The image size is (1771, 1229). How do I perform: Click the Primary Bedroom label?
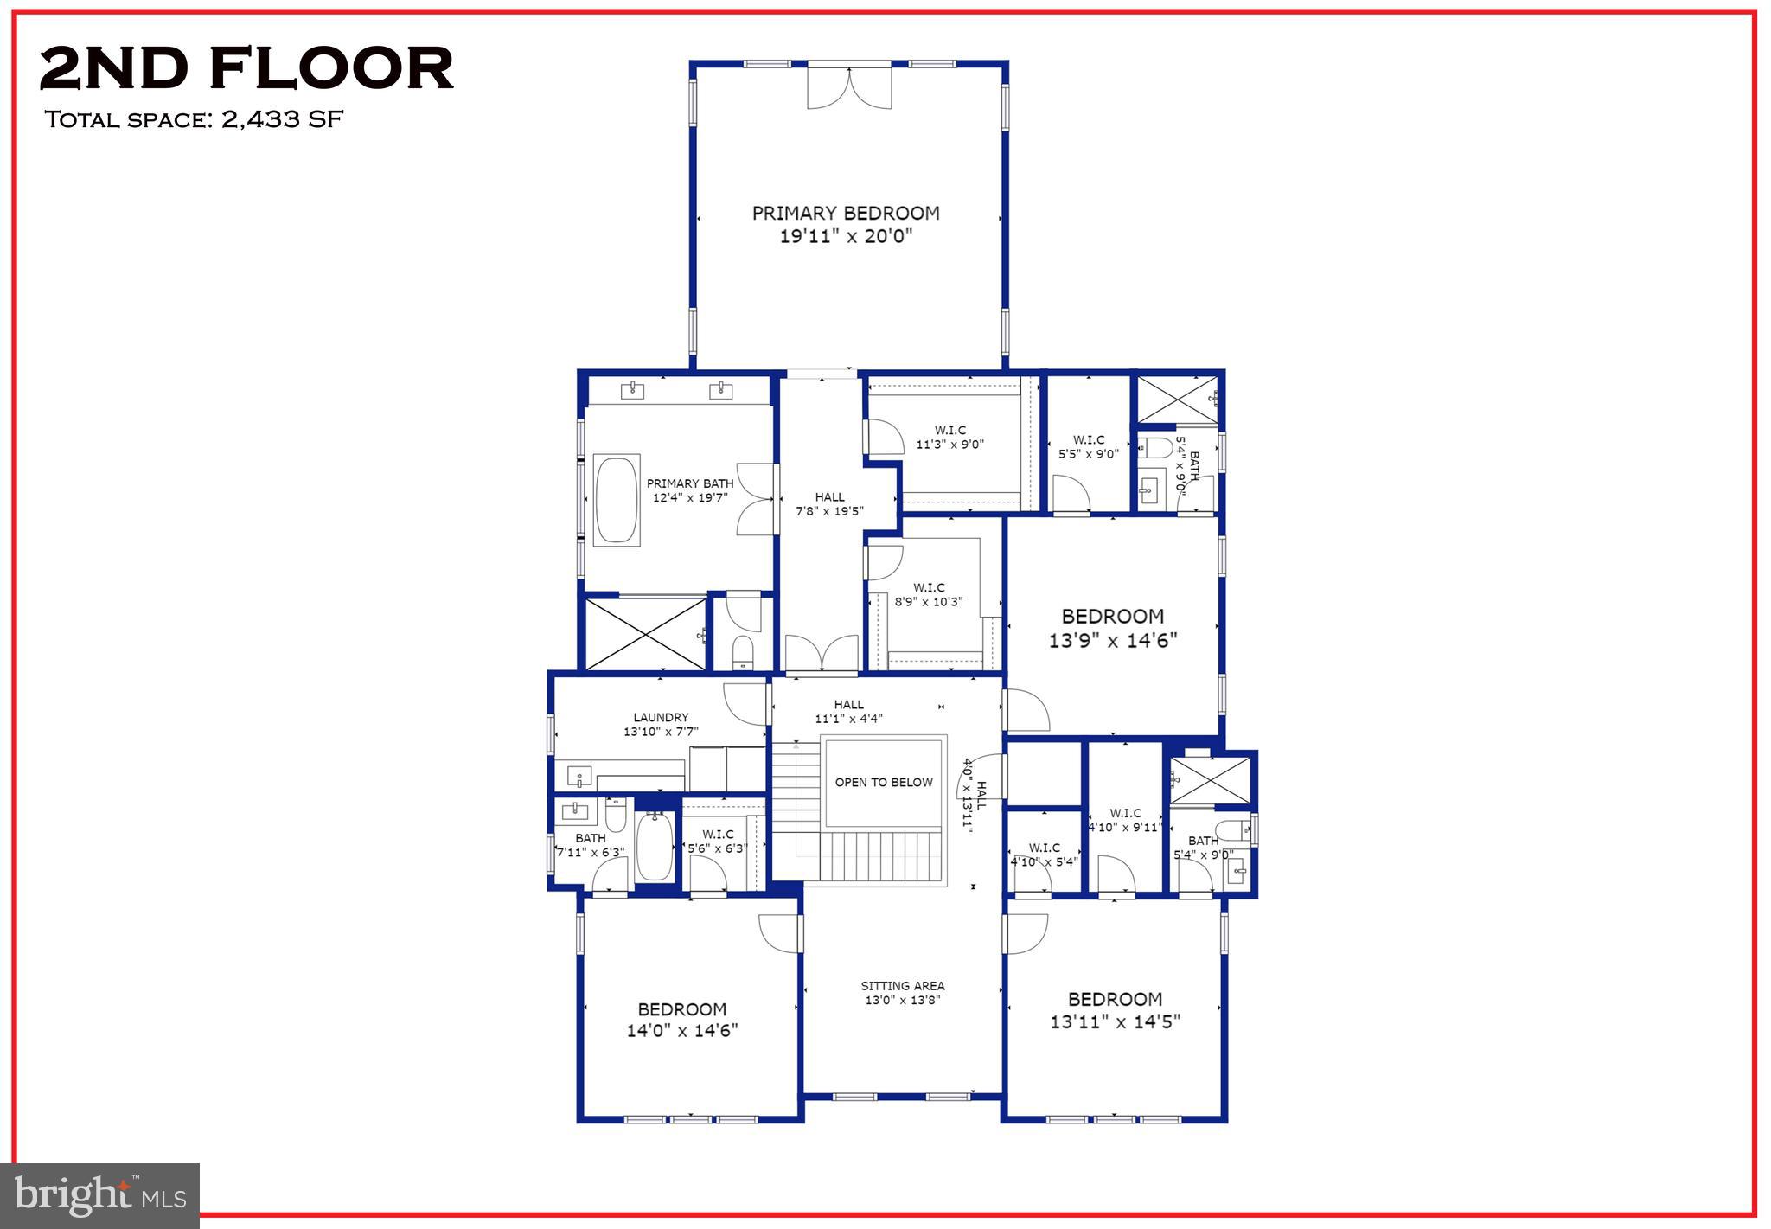click(846, 214)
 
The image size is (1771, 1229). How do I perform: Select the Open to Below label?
click(883, 783)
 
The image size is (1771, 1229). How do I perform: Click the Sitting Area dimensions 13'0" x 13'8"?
click(902, 1001)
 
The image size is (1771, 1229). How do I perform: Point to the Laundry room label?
click(661, 718)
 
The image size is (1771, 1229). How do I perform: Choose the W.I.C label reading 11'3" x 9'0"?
click(949, 438)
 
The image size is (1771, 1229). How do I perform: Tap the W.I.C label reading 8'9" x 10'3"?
click(929, 595)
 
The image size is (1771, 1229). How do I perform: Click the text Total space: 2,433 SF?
click(194, 119)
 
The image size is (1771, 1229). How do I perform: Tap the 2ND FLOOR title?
click(246, 69)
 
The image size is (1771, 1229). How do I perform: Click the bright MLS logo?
click(99, 1196)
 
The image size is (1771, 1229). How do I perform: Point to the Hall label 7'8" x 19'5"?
click(829, 504)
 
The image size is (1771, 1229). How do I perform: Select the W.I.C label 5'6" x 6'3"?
click(718, 842)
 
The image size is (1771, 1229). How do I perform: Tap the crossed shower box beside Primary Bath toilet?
click(645, 634)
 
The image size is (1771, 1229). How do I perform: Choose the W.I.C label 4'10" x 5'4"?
click(1044, 855)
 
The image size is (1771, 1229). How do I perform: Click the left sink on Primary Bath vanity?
click(632, 391)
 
